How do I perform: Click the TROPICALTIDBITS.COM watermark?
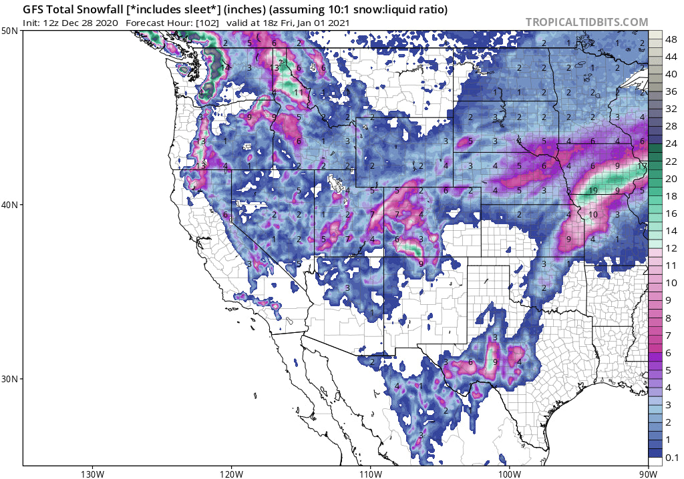[x=586, y=22]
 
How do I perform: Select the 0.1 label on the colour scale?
[x=672, y=456]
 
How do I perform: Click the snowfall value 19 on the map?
[x=592, y=191]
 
